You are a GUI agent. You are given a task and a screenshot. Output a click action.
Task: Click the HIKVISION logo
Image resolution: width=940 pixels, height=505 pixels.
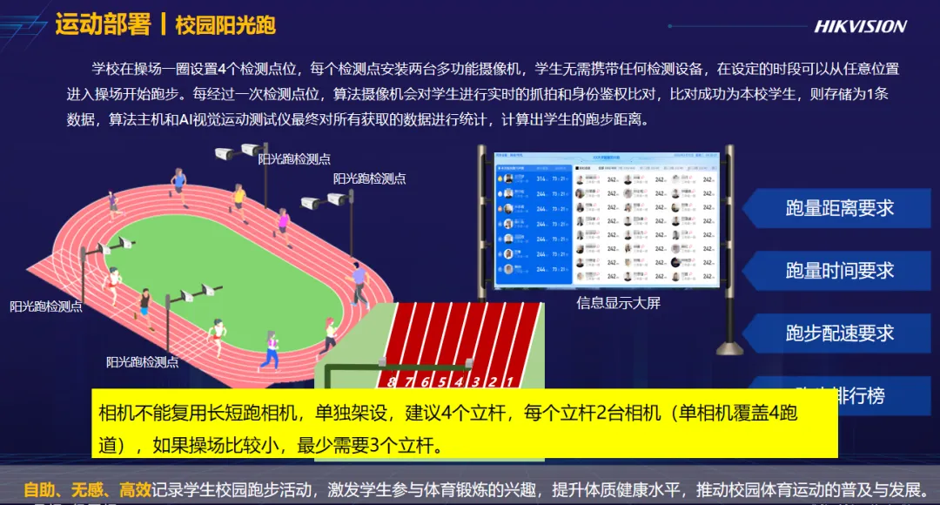click(860, 26)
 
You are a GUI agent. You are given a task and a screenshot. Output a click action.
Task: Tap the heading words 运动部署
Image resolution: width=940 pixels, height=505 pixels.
click(103, 24)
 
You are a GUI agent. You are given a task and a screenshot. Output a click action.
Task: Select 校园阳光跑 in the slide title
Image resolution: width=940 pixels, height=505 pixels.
click(225, 25)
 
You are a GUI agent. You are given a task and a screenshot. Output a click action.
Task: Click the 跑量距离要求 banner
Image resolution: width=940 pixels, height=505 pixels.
click(839, 208)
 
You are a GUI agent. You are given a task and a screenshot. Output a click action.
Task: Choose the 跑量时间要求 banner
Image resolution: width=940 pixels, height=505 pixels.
click(839, 271)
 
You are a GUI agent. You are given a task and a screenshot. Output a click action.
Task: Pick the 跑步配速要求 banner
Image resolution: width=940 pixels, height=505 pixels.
click(839, 333)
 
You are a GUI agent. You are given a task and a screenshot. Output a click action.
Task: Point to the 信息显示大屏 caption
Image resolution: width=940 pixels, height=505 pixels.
click(618, 303)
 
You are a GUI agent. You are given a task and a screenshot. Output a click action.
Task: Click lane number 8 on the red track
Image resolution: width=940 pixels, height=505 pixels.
click(393, 380)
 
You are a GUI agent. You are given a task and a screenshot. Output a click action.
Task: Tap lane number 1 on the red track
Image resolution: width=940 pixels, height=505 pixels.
click(508, 380)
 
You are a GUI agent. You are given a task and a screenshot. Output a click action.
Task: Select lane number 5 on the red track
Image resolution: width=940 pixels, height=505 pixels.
click(442, 380)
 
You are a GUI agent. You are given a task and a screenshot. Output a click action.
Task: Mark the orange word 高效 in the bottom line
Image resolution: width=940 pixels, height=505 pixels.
click(136, 489)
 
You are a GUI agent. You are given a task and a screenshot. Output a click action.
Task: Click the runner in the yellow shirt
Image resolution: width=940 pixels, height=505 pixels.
click(238, 199)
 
